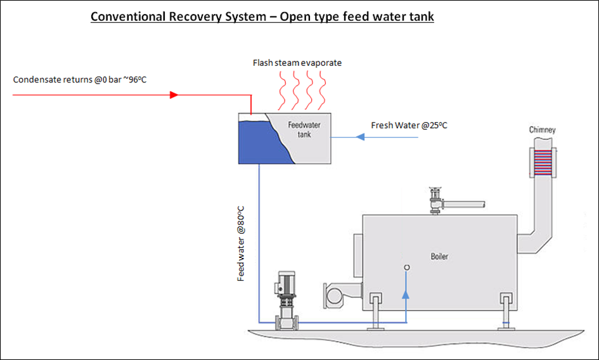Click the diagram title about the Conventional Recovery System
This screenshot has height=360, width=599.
262,16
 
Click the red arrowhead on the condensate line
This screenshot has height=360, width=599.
174,95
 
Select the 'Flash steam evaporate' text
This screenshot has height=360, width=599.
297,63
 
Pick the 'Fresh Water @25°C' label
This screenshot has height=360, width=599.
409,125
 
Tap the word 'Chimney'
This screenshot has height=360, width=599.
543,130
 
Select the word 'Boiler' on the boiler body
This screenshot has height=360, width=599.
439,257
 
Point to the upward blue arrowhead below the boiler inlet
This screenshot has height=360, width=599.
406,294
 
